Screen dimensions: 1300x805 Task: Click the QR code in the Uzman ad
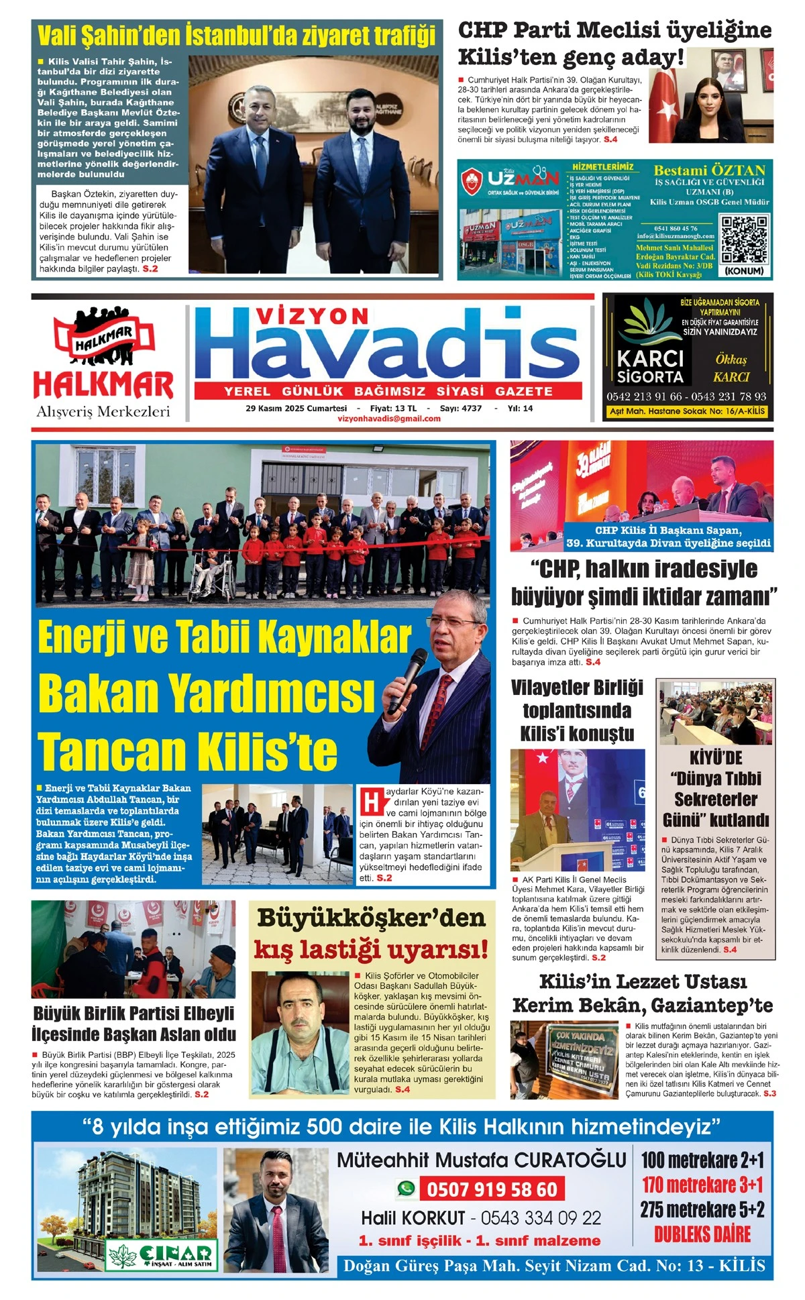743,239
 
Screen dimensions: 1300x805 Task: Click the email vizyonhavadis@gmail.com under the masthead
389,419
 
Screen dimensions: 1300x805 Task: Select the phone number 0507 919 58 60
492,1189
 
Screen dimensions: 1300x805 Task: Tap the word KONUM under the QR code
745,271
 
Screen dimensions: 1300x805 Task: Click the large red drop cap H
371,803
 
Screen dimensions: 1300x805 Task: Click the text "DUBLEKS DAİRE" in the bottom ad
702,1234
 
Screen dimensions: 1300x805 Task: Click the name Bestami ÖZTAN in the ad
709,170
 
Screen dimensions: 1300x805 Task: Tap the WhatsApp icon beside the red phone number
406,1189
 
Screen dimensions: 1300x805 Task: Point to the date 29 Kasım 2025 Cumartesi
296,408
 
